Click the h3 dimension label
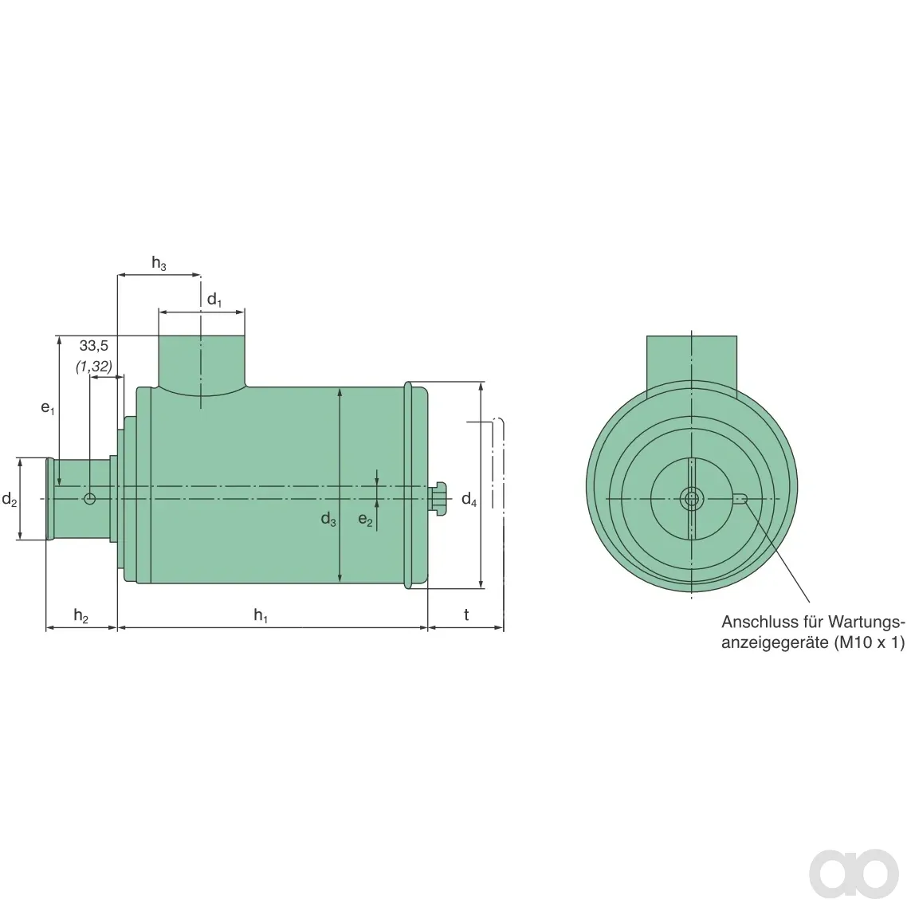[159, 263]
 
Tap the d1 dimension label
[214, 300]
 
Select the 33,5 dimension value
[94, 346]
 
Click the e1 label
[48, 408]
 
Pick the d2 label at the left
[10, 499]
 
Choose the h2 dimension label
[81, 615]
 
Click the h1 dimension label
[261, 615]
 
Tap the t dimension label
[466, 614]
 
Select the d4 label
[469, 499]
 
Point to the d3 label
[328, 519]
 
